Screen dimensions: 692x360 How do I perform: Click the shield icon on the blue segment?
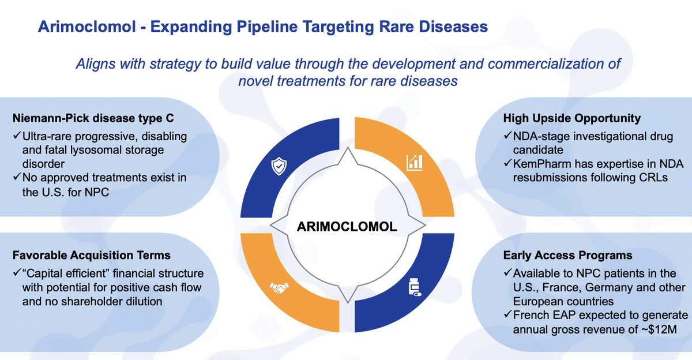pyautogui.click(x=279, y=166)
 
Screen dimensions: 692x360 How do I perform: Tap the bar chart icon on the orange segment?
pyautogui.click(x=414, y=163)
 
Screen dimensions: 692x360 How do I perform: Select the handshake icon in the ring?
pyautogui.click(x=279, y=288)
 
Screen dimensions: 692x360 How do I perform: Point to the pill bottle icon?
pyautogui.click(x=415, y=287)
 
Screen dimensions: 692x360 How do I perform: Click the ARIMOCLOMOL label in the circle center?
pyautogui.click(x=347, y=227)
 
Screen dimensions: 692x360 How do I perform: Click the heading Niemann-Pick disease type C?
pyautogui.click(x=93, y=118)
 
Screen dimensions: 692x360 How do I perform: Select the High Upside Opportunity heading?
pyautogui.click(x=572, y=118)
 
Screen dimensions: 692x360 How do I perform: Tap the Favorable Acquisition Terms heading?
pyautogui.click(x=92, y=255)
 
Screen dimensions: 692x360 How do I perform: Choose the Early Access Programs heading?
pyautogui.click(x=567, y=255)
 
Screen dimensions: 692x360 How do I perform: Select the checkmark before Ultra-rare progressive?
pyautogui.click(x=17, y=136)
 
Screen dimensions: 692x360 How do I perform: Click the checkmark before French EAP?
pyautogui.click(x=508, y=314)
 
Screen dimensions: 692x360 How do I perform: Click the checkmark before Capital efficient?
pyautogui.click(x=17, y=272)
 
